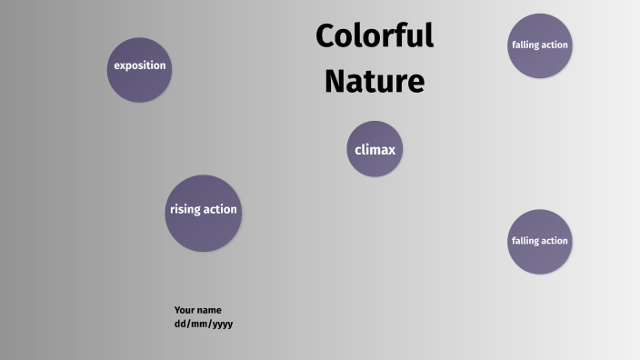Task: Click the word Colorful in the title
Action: click(x=375, y=36)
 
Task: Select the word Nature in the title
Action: click(x=375, y=81)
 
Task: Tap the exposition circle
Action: click(x=140, y=69)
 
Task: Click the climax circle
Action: click(x=375, y=149)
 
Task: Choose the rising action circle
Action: click(x=204, y=213)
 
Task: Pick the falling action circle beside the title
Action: click(x=540, y=45)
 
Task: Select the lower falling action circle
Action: click(x=540, y=242)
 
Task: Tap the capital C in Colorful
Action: click(x=327, y=36)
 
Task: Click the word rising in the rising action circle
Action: click(x=185, y=210)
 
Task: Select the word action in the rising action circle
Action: click(x=221, y=210)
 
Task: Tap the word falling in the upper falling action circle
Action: click(x=525, y=45)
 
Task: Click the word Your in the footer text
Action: click(x=185, y=310)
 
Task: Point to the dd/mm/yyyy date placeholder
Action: click(x=204, y=324)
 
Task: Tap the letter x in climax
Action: click(x=391, y=150)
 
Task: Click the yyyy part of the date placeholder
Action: click(x=222, y=325)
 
